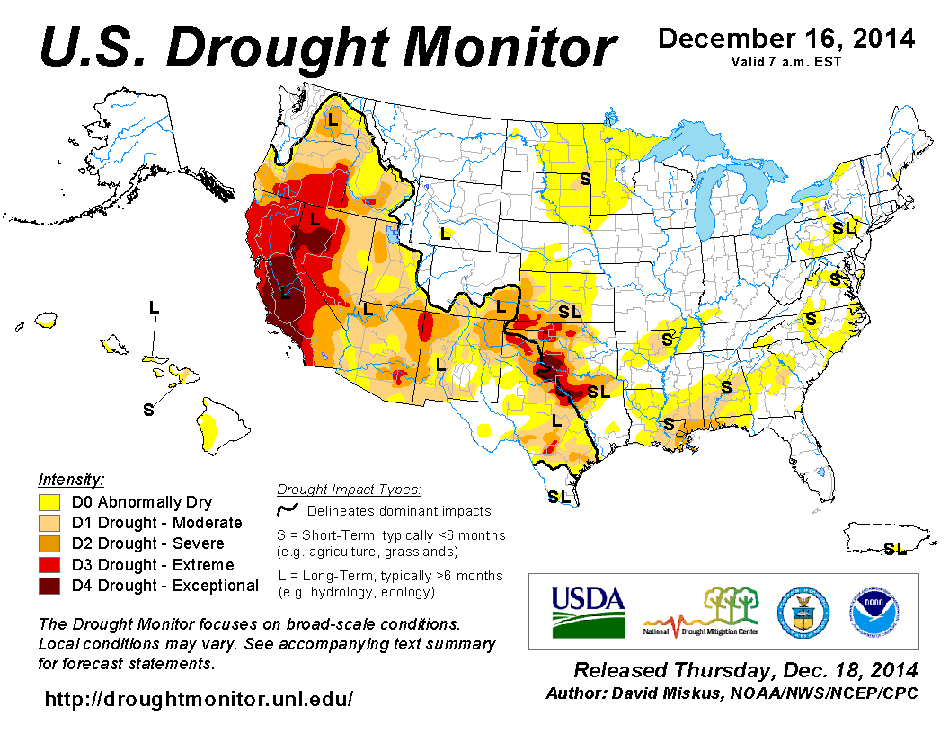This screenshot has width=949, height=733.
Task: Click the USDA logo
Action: click(588, 611)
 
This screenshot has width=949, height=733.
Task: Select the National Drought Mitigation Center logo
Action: click(702, 611)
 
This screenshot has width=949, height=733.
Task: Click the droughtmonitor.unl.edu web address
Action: click(199, 698)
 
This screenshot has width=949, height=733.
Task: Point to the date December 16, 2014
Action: click(786, 39)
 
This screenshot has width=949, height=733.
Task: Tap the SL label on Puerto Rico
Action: click(894, 548)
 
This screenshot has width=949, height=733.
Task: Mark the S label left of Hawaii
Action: click(148, 410)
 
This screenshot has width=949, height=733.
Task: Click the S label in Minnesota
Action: click(584, 178)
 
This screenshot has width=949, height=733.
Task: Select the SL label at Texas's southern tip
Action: click(558, 496)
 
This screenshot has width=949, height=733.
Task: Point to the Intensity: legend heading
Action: click(71, 479)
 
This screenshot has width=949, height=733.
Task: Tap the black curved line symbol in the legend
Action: click(287, 510)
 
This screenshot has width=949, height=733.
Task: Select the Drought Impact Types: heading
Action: click(349, 490)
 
